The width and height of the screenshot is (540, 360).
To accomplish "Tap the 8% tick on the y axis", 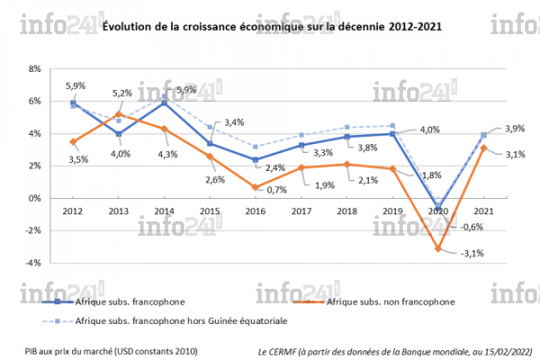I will (35, 68).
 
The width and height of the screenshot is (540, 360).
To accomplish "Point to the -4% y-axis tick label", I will (34, 263).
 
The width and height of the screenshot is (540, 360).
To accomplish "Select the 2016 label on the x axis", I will (256, 211).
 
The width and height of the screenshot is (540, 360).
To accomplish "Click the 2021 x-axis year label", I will (483, 211).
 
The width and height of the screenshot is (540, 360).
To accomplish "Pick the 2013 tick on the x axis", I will (119, 211).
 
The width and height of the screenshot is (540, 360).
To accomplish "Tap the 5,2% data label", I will (123, 93).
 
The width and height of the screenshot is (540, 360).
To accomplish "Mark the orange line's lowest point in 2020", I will (438, 248).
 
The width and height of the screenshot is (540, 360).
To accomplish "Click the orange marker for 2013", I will (119, 114).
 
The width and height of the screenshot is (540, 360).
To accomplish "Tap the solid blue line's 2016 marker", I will (256, 159).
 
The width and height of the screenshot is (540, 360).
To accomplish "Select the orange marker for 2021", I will (483, 148).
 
